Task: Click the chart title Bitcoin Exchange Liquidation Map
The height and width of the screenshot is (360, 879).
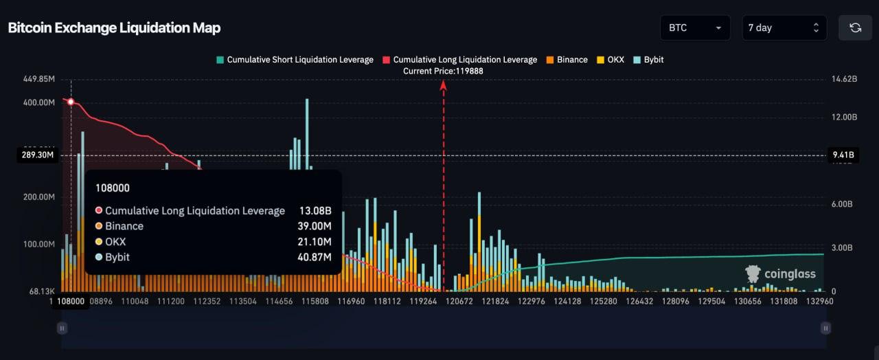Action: (114, 28)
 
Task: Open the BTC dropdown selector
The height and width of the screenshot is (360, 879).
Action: (695, 28)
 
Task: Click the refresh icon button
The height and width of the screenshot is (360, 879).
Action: (855, 28)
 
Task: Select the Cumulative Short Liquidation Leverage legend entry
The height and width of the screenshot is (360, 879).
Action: (295, 60)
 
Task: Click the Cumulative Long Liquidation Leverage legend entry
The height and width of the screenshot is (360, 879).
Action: (459, 60)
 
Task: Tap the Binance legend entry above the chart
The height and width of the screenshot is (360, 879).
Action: (567, 60)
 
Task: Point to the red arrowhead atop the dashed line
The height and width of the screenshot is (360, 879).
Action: (444, 85)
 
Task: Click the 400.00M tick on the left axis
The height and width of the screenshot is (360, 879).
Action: (38, 102)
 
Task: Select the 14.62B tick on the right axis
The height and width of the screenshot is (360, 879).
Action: (844, 79)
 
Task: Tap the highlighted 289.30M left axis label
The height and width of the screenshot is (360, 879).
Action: (38, 155)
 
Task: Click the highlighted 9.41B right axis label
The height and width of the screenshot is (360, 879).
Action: (843, 155)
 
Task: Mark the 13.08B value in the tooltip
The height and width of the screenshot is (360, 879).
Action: (315, 211)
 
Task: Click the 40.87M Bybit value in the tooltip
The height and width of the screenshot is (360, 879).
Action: (315, 258)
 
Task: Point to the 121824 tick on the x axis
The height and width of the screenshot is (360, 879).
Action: (495, 301)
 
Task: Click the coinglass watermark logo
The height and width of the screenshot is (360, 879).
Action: (781, 274)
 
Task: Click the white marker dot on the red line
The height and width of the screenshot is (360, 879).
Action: (71, 102)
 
